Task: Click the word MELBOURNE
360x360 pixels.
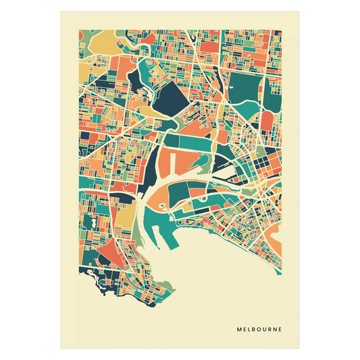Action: pyautogui.click(x=259, y=330)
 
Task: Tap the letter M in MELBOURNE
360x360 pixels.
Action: pyautogui.click(x=239, y=330)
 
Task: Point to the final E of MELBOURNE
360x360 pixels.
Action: pyautogui.click(x=280, y=330)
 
